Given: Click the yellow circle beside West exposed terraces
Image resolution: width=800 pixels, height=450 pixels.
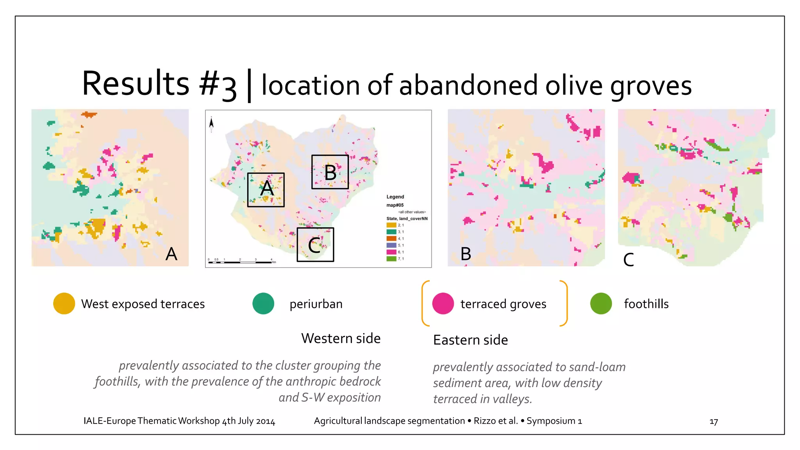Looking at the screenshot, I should coord(64,304).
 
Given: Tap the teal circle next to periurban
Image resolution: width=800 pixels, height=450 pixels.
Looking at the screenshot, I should coord(263,304).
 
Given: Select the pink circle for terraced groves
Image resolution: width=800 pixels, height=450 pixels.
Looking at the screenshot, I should coord(443,304).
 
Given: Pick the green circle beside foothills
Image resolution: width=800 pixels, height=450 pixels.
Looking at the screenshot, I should coord(601,304).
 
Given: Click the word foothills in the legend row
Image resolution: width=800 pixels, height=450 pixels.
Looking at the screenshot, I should coord(646,304).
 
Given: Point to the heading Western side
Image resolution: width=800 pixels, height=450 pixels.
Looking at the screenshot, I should coord(341,338).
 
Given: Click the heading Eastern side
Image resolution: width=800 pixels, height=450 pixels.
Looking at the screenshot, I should coord(470,340).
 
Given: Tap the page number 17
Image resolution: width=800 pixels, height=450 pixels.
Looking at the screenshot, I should coord(714,422).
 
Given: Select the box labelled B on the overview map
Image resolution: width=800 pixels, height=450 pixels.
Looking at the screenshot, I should coord(330,172).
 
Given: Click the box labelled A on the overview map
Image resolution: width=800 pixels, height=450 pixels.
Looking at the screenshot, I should coord(266,190).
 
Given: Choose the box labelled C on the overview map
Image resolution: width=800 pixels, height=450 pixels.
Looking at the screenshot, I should coord(315,245).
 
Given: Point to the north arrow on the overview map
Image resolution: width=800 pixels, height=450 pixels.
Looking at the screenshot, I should coord(211,124).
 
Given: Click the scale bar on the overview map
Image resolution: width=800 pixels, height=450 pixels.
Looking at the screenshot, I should coord(240,262).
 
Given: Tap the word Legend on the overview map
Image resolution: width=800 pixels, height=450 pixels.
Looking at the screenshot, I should coord(395,197).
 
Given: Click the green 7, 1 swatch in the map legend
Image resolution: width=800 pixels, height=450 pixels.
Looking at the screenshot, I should coord(391,259).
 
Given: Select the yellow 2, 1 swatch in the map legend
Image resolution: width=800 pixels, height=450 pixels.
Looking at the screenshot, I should coord(391,225).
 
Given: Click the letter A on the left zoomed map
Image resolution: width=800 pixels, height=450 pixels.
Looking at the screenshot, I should coord(171,254).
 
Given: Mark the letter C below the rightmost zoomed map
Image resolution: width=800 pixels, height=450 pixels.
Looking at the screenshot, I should coord(629,260).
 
